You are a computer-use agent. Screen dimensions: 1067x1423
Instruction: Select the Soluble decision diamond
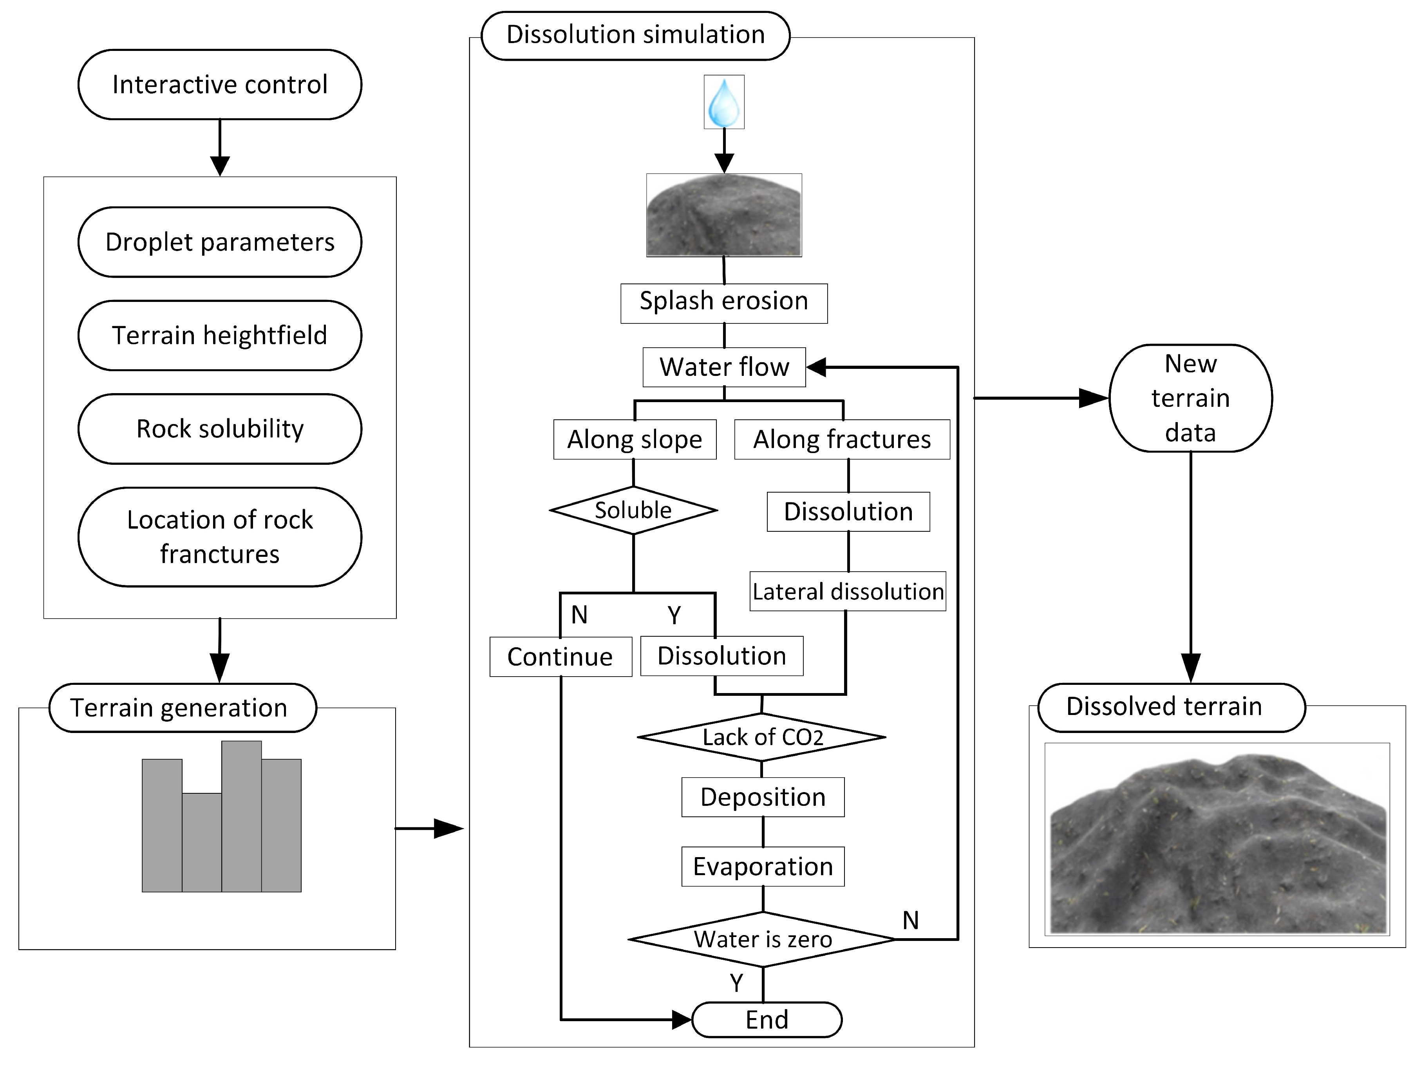[x=633, y=510]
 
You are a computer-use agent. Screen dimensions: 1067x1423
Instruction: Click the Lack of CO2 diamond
[x=762, y=737]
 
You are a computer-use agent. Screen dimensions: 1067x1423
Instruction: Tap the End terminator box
[x=767, y=1019]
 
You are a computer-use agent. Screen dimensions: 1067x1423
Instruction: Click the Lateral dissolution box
[x=848, y=591]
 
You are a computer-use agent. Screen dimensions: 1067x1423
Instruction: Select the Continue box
[x=561, y=657]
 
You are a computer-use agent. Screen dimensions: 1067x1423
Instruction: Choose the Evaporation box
[x=763, y=867]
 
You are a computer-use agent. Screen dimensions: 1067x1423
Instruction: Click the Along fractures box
[x=842, y=439]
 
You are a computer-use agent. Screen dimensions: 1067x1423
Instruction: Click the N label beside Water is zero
[x=910, y=920]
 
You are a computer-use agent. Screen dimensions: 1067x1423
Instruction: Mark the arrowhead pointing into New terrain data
[x=1094, y=398]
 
